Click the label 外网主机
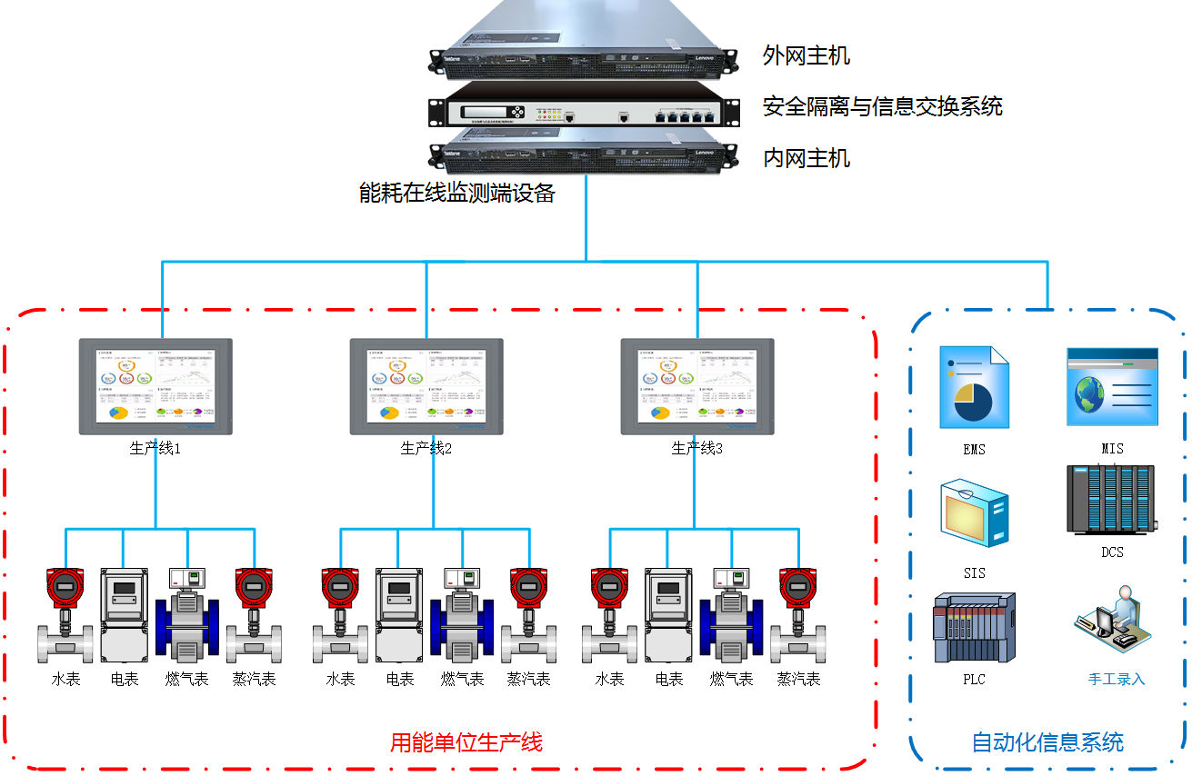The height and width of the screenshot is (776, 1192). coord(806,56)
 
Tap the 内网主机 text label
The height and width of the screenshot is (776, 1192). coord(806,159)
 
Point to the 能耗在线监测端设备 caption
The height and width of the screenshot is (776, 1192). coord(457,193)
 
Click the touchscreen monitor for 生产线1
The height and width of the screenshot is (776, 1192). coord(155,386)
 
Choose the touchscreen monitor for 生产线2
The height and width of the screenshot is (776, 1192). coord(426,386)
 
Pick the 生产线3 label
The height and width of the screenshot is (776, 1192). coord(696,449)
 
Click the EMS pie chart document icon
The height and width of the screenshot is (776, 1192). coord(974,388)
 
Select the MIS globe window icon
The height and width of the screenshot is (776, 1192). coord(1112,387)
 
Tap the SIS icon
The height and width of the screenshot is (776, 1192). coord(974,514)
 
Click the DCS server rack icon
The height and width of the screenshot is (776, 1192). coord(1111,500)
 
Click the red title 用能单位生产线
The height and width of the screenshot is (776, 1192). coord(466,743)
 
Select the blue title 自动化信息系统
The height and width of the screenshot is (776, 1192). coord(1047,742)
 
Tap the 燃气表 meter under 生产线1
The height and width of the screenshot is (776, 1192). coord(187,615)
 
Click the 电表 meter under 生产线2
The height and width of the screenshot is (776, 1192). coord(399,615)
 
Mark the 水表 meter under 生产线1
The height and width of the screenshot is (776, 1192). coord(65,615)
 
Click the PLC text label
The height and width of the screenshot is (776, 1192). coord(974,680)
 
